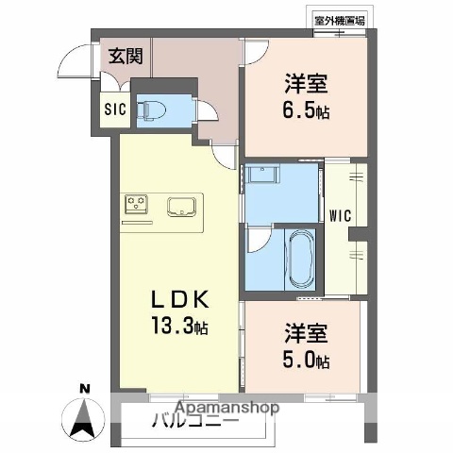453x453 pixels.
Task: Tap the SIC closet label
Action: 115,109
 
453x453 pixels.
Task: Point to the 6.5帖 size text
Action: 304,110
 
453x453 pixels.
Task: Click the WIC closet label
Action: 341,214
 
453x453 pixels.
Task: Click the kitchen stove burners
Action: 135,204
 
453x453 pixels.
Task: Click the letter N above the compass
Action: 84,389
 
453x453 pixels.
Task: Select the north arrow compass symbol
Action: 84,416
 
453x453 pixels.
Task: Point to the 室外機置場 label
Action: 341,18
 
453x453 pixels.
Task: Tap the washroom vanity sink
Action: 264,176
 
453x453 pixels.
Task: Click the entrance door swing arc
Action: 68,64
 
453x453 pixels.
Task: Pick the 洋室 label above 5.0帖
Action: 304,335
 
